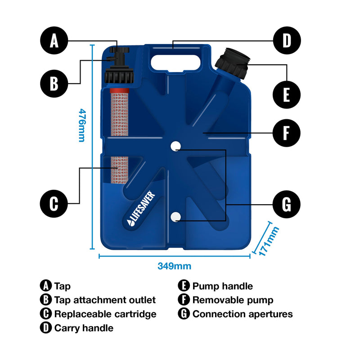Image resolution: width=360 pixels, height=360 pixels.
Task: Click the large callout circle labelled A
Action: (54, 41)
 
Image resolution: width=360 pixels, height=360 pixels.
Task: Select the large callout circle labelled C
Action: (54, 203)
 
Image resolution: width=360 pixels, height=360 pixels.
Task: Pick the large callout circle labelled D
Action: (287, 41)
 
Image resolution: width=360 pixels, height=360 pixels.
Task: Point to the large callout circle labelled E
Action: (287, 95)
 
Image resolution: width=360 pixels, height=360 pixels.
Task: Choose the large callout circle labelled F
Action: (287, 133)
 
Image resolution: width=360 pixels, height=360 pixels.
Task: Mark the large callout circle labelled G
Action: (287, 204)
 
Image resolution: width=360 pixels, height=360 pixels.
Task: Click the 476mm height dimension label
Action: (81, 125)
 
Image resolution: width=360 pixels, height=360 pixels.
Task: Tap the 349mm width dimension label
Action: (174, 266)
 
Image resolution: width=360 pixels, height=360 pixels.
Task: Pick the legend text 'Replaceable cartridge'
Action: (105, 314)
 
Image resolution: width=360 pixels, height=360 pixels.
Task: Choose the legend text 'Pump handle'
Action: (222, 286)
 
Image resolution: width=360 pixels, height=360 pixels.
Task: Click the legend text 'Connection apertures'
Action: (243, 314)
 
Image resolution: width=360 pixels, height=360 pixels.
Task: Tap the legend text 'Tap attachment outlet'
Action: (105, 300)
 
